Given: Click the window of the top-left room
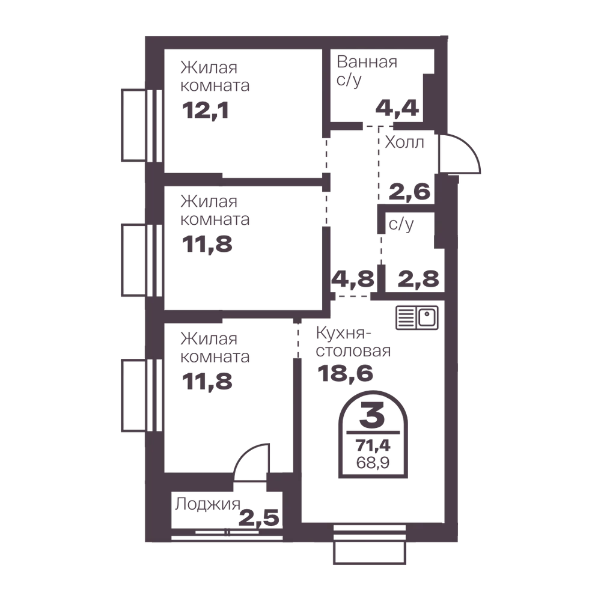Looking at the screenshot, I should coord(131,124).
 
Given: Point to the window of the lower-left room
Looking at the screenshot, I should coord(131,395).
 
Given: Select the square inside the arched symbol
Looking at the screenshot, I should coord(374,456).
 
